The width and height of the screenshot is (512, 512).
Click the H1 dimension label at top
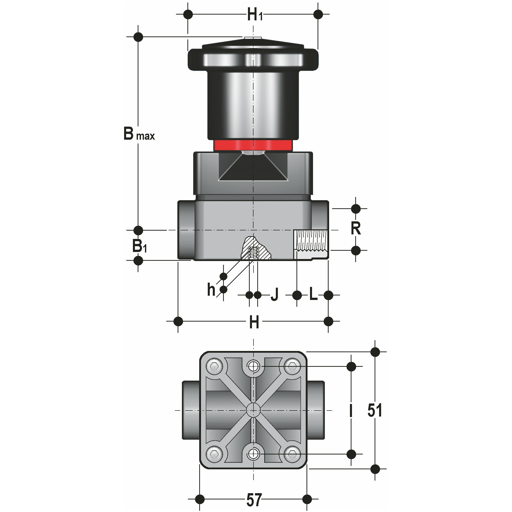tap(254, 15)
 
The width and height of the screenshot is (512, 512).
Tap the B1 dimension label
tap(139, 246)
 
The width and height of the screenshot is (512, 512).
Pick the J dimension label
tap(275, 295)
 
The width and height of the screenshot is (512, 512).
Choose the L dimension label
tap(313, 294)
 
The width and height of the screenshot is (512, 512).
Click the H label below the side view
tap(254, 323)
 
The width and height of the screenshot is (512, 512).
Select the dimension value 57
tap(254, 499)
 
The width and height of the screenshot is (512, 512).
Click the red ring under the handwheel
tap(253, 145)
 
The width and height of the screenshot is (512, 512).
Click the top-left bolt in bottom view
tap(214, 367)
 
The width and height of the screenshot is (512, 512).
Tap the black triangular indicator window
tap(253, 168)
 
